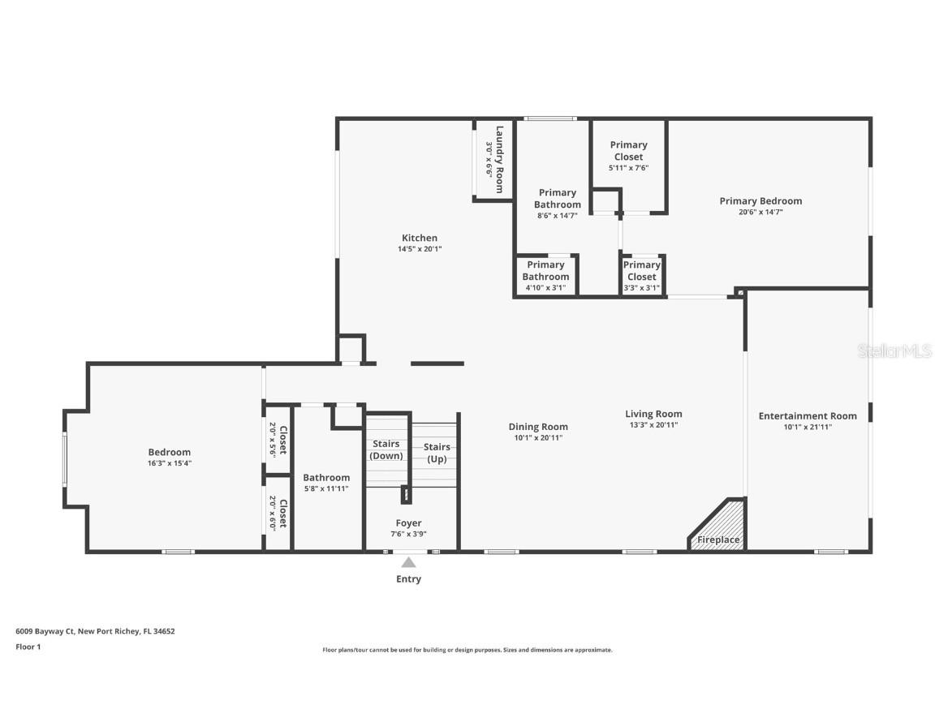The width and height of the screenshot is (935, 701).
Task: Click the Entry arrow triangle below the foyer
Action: [x=409, y=562]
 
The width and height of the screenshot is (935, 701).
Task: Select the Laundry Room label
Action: [x=500, y=159]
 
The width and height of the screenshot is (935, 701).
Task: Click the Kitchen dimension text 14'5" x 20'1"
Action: [x=419, y=249]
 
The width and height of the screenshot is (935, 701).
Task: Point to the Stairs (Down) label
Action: [x=386, y=449]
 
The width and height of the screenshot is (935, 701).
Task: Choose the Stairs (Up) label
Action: [x=437, y=453]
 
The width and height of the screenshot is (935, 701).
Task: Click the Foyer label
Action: [x=409, y=523]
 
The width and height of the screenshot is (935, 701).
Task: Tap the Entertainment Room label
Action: [x=807, y=416]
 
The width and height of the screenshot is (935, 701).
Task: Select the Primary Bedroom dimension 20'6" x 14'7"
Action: [x=760, y=212]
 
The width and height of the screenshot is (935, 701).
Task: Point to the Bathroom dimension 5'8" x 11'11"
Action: [x=326, y=488]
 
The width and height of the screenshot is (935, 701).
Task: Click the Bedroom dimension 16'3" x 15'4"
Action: [x=169, y=463]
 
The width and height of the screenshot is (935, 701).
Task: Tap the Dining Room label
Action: [x=538, y=427]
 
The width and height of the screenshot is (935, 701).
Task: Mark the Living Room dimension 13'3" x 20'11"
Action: [x=653, y=424]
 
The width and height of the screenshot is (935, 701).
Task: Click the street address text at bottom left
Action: [x=95, y=631]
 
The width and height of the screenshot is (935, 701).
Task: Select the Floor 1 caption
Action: [x=28, y=647]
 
